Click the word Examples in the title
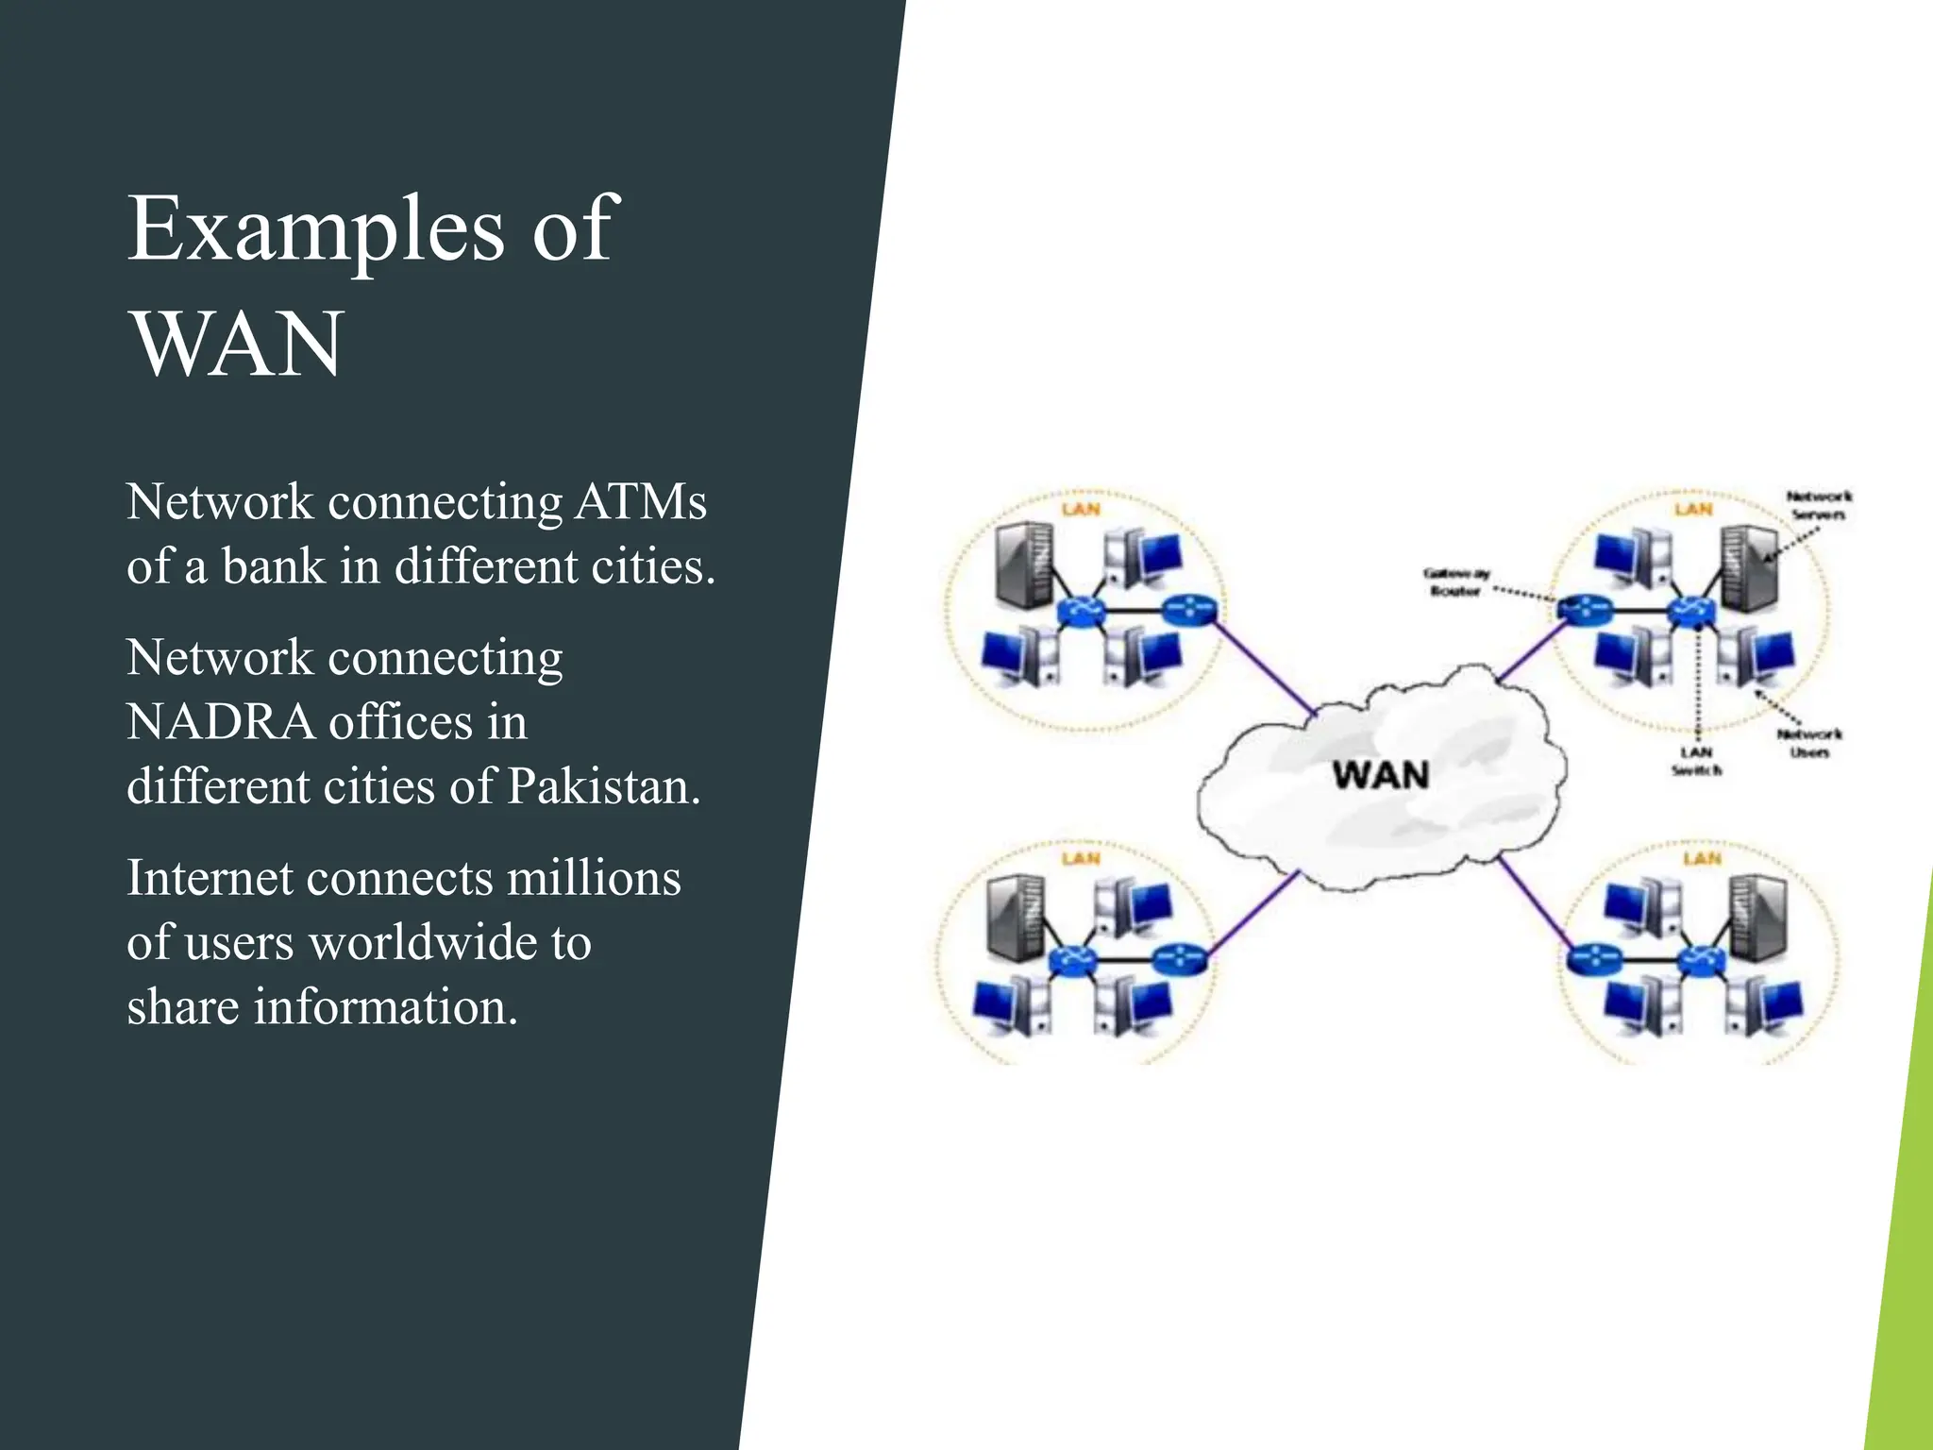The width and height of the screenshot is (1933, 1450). tap(315, 228)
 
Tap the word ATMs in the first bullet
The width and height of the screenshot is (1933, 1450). tap(641, 501)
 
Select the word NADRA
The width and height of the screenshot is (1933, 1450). tap(219, 722)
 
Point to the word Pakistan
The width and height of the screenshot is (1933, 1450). tap(603, 786)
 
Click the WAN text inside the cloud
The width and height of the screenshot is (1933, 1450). tap(1380, 776)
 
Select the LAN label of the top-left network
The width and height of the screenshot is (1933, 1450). tap(1081, 510)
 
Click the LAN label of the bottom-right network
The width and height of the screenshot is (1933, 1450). tap(1702, 858)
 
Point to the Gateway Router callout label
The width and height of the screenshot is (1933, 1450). tap(1455, 582)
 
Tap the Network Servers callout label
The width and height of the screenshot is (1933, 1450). tap(1818, 505)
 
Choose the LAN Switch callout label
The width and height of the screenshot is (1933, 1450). tap(1696, 761)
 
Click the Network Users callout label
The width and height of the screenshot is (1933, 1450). tap(1808, 743)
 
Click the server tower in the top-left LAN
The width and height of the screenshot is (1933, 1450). tap(1023, 566)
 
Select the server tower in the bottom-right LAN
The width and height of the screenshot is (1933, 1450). tap(1757, 914)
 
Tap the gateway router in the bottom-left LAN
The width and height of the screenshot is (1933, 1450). tap(1179, 960)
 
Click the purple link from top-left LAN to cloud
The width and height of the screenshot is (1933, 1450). tap(1265, 666)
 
